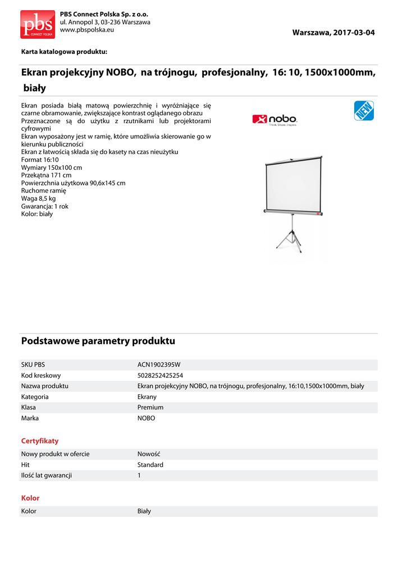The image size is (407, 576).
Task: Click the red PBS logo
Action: coord(38,24)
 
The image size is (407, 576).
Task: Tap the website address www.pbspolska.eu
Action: coord(87,30)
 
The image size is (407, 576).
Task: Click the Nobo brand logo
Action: coord(275,119)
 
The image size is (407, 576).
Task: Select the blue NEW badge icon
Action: coord(364,111)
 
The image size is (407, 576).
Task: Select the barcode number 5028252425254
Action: coord(161,375)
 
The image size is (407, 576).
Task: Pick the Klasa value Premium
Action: coord(150,407)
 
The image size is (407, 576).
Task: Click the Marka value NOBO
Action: coord(146,418)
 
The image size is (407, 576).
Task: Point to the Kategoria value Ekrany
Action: coord(147,397)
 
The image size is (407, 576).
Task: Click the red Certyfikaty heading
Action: coord(40,441)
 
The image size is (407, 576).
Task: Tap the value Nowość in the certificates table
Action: coord(149,454)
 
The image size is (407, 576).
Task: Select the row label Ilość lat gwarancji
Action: coord(47,475)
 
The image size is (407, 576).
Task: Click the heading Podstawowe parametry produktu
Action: coord(98,341)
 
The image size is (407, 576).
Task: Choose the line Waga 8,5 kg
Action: coord(38,199)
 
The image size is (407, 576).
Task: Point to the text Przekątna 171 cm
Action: coord(46,175)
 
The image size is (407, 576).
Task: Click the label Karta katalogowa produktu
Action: coord(64,52)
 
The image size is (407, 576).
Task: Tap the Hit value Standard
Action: coord(150,465)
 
